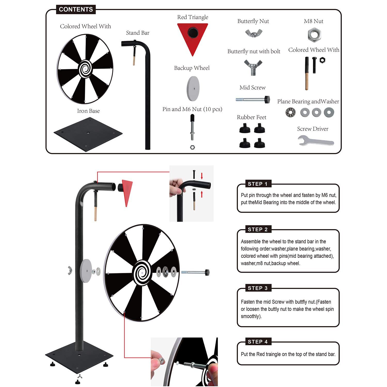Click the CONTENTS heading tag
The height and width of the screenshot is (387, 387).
76,9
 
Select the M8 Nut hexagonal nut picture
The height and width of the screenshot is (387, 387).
314,35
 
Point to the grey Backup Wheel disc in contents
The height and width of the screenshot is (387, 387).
193,88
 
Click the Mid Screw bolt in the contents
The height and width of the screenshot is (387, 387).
253,99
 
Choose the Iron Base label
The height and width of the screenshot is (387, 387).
88,111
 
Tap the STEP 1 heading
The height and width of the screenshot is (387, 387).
257,184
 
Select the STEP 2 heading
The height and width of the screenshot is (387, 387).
257,229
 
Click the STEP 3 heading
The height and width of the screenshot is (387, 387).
257,288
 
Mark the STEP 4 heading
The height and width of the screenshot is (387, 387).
257,342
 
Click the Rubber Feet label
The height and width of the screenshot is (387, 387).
252,117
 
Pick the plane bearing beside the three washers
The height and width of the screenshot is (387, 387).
291,112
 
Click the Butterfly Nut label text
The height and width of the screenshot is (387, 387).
253,21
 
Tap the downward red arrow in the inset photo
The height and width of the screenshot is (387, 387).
202,176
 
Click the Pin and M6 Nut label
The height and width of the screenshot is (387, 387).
192,109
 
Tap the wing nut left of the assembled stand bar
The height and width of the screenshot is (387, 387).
70,270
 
